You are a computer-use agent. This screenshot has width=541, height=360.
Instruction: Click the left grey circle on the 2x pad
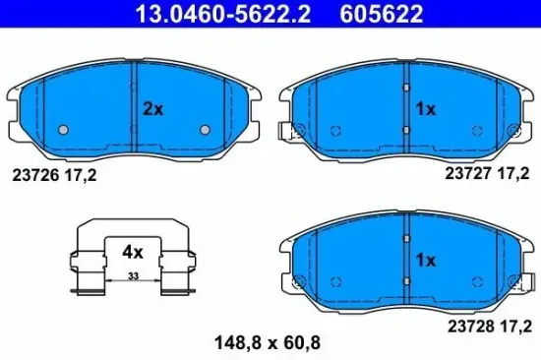click(x=62, y=130)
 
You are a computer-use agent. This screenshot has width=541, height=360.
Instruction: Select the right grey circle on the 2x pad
click(x=206, y=130)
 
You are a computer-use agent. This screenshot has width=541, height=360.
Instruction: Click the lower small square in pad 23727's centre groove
click(x=406, y=129)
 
